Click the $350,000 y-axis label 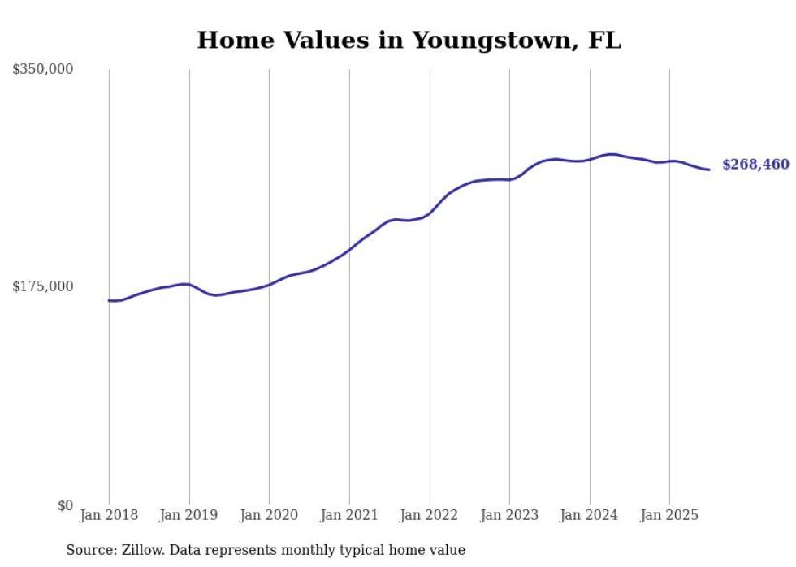pos(43,70)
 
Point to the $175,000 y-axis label pos(43,286)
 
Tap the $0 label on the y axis pos(65,505)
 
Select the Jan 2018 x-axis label pos(109,515)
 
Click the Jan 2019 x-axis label pos(189,515)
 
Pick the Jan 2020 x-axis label pos(269,515)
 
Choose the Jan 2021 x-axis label pos(349,515)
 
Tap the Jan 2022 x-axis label pos(430,515)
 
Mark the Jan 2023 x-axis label pos(509,515)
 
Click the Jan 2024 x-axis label pos(590,515)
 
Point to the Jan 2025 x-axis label pos(669,515)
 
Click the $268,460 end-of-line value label pos(755,165)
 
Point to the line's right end pos(709,170)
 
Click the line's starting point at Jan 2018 pos(109,300)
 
